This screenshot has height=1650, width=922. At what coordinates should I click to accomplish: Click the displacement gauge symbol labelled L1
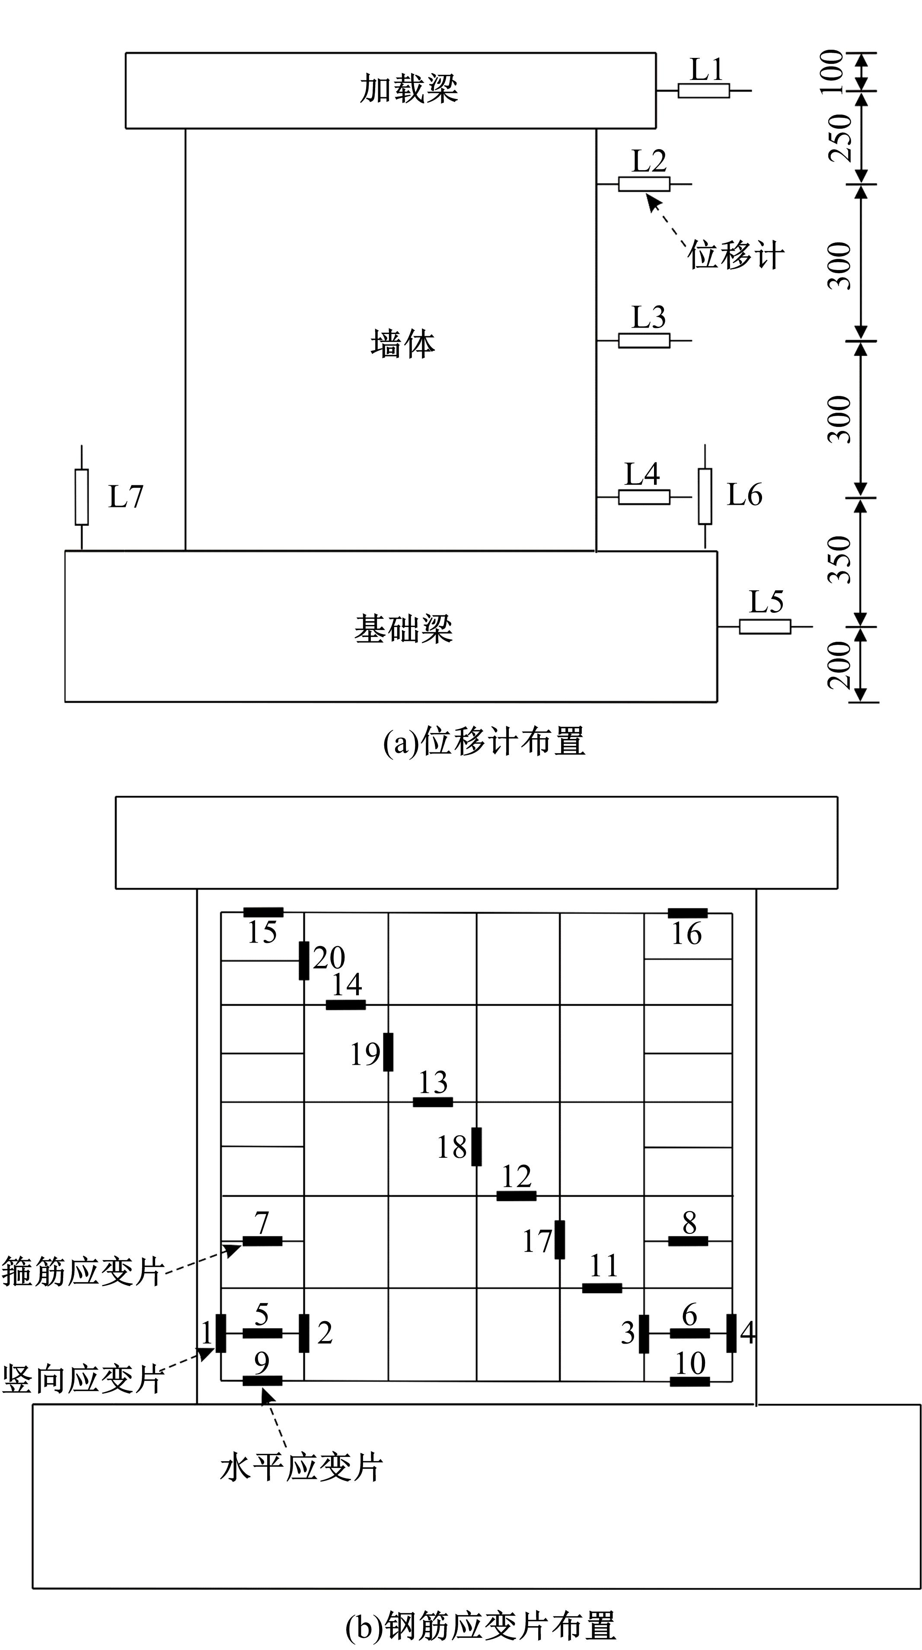coord(704,91)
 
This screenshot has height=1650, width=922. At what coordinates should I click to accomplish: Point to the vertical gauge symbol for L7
coord(81,497)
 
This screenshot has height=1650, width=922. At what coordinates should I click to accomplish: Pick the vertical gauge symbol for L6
coord(705,497)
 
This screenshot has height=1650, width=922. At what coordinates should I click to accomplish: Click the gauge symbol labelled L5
coord(765,627)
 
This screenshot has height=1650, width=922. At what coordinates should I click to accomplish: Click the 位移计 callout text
coord(736,255)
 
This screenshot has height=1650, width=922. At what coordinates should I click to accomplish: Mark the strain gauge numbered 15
coord(263,912)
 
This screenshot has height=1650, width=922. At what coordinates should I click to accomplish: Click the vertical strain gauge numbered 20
coord(304,960)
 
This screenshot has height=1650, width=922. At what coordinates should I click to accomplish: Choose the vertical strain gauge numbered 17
coord(560,1239)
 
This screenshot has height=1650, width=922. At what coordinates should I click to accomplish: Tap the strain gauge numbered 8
coord(688,1241)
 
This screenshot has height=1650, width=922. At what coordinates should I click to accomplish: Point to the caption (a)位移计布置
coord(485,742)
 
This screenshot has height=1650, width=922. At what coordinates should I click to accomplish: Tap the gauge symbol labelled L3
coord(644,341)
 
